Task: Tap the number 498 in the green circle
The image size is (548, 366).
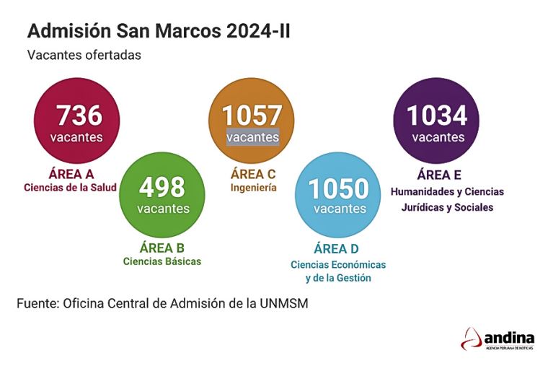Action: point(162,188)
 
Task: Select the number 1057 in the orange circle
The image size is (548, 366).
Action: point(252,116)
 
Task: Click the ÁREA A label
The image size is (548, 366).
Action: point(71,174)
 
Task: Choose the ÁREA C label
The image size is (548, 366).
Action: point(253,174)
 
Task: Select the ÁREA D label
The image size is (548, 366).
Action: point(338,250)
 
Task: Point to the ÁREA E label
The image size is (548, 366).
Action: point(439,175)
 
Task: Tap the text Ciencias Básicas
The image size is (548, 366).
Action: point(162,261)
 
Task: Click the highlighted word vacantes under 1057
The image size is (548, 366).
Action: point(252,136)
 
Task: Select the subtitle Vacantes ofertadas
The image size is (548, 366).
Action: point(84,55)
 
